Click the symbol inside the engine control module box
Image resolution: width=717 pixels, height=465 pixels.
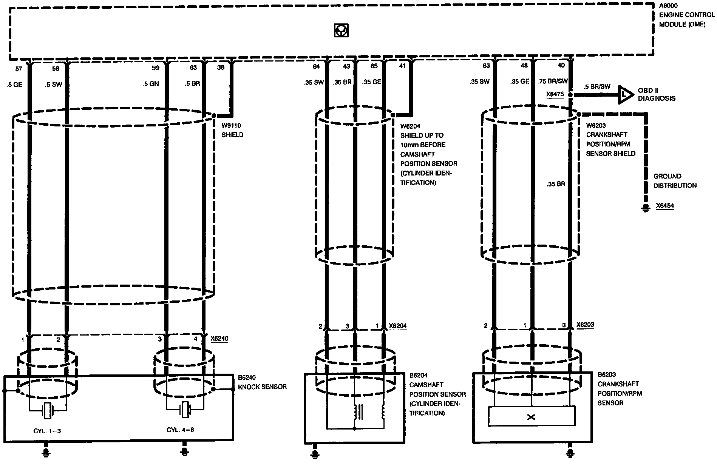point(341,31)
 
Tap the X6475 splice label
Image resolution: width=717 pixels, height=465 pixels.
point(555,94)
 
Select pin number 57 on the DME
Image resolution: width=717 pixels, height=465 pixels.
point(19,68)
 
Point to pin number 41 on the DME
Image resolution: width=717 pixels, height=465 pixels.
point(402,66)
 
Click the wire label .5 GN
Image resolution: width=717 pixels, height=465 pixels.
point(151,84)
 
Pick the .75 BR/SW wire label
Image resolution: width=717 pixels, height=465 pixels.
point(552,81)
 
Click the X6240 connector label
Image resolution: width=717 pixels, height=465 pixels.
point(219,339)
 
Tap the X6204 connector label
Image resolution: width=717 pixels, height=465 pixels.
point(398,326)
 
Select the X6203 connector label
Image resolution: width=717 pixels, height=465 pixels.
point(585,325)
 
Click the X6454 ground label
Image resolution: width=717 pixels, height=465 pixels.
point(665,206)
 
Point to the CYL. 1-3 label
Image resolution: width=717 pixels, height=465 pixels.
point(47,430)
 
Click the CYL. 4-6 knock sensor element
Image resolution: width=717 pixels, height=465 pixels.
point(184,410)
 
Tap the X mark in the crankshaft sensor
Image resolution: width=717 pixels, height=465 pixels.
point(531,417)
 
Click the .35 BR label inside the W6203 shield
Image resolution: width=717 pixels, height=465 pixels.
point(555,184)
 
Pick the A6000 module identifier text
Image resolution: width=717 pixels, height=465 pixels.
point(668,6)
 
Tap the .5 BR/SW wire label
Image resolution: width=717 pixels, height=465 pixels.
point(597,86)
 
